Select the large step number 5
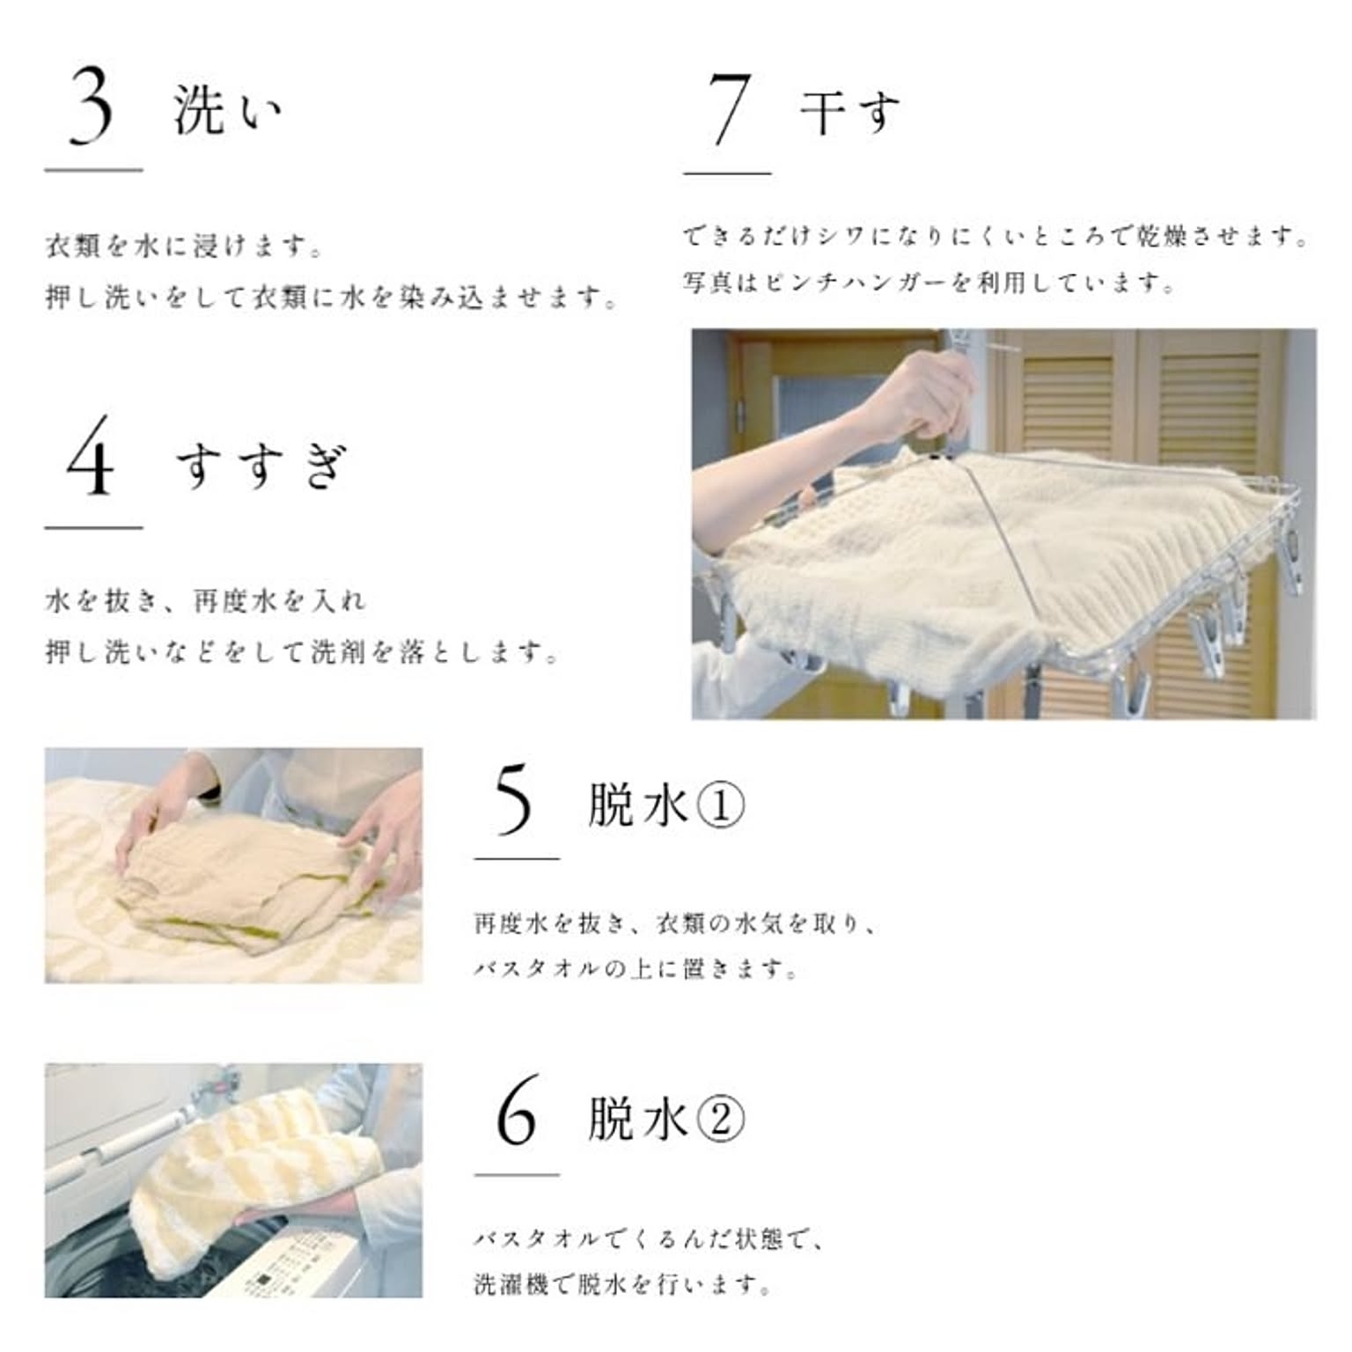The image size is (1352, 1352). click(x=515, y=799)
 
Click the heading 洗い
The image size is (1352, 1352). click(x=227, y=110)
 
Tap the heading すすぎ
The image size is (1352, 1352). click(x=261, y=465)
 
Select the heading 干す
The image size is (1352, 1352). click(x=850, y=112)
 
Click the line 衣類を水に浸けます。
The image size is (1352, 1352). click(x=185, y=246)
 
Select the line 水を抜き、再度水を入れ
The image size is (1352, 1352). click(x=205, y=601)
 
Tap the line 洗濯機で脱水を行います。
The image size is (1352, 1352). click(x=624, y=1284)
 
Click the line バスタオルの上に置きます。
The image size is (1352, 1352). click(x=636, y=969)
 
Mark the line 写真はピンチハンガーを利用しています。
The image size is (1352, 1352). click(x=929, y=283)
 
